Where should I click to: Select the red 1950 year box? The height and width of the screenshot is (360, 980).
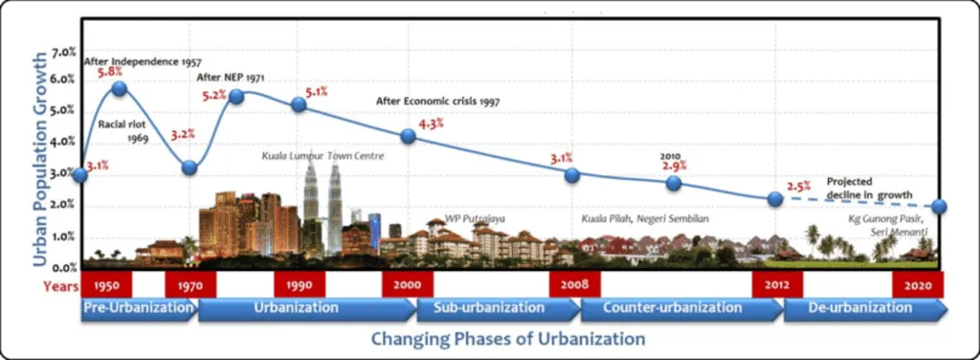[x=106, y=284]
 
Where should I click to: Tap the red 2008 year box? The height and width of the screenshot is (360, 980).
[x=574, y=284]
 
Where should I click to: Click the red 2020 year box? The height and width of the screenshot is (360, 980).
[x=918, y=284]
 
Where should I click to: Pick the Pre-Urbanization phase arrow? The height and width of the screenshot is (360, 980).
[x=138, y=309]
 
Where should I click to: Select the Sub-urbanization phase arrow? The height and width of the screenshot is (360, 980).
[x=496, y=309]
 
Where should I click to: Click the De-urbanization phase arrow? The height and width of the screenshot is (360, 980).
[x=864, y=309]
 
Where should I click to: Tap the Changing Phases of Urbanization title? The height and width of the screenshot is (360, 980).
[x=507, y=339]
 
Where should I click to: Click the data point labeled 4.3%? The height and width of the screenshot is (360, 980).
[x=408, y=136]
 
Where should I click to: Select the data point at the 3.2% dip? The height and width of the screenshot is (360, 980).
[x=189, y=168]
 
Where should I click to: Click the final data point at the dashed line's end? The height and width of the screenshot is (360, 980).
[x=940, y=207]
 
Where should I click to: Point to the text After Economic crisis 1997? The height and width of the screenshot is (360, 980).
[x=437, y=101]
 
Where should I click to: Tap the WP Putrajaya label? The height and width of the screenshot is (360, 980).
[x=475, y=218]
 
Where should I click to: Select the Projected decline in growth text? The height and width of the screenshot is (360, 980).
[x=869, y=187]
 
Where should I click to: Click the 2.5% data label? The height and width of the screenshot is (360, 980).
[x=798, y=187]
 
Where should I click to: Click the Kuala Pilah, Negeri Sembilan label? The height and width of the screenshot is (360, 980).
[x=645, y=218]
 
